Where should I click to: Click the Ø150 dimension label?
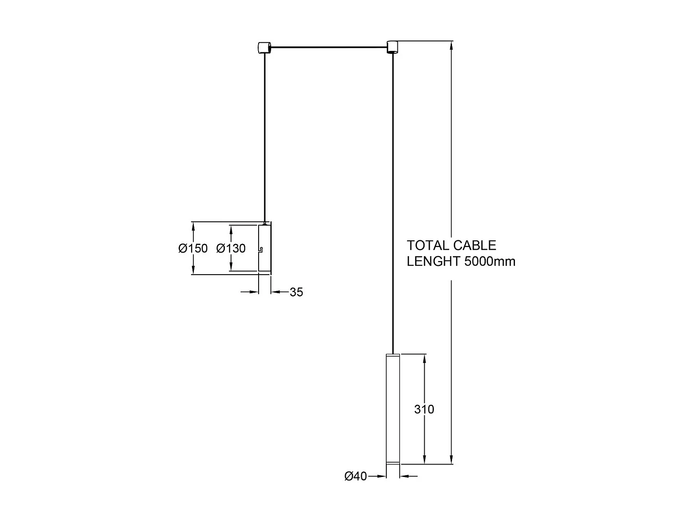(193, 249)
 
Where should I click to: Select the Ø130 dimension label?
(231, 249)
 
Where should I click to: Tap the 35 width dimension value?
(296, 292)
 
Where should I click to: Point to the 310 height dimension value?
(424, 409)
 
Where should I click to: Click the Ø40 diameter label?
(355, 476)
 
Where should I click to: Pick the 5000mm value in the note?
(490, 262)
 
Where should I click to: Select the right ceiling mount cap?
(392, 46)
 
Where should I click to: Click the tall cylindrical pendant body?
(393, 409)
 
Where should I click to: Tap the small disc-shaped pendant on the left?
(264, 248)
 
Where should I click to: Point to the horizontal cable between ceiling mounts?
(328, 47)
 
